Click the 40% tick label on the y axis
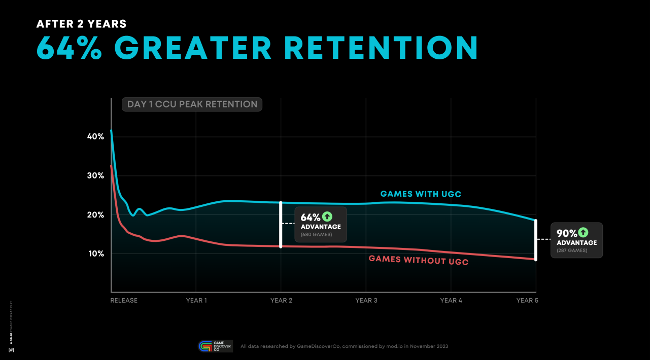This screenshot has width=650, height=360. coord(95,137)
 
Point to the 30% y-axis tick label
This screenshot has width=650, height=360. coord(95,176)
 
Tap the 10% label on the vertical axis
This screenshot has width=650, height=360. coord(95,254)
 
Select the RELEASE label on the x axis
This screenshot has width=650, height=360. coord(124,301)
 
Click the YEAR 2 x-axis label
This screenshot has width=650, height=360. coord(281,301)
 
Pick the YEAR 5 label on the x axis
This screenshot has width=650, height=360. coord(527,301)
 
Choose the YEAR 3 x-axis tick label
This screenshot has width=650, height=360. coord(366,301)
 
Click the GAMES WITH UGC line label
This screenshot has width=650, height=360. coord(421,194)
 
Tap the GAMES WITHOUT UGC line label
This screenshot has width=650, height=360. coord(418,260)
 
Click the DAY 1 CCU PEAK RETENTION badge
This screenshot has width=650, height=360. coord(192,104)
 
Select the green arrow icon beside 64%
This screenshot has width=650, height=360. coord(327,217)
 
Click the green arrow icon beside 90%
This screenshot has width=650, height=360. coord(583,233)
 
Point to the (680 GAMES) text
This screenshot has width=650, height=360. coord(317,235)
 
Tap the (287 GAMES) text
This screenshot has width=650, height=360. coord(572,250)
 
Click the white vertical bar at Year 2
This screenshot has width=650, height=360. coord(281,225)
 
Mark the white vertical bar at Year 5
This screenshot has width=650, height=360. coord(536,240)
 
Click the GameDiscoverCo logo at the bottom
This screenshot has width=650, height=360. coord(215,346)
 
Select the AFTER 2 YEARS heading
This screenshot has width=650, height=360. coord(82,24)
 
